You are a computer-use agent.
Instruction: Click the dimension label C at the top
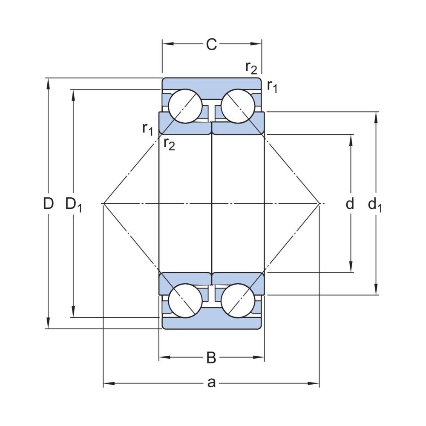coord(211,44)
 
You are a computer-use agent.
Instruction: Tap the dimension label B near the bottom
coord(211,358)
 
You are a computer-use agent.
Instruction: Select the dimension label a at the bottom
coord(211,383)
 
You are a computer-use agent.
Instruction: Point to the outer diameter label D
coord(49,204)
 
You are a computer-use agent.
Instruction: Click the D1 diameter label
coord(73,204)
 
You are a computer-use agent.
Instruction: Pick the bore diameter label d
coord(350,204)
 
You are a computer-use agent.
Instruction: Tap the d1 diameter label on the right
coord(375,205)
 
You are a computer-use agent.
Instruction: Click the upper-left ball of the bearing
coord(185,106)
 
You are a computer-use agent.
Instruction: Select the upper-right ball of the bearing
coord(237,106)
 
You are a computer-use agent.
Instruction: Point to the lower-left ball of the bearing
coord(185,300)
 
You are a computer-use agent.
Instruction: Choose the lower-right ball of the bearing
coord(237,300)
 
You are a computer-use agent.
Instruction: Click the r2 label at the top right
coord(251,66)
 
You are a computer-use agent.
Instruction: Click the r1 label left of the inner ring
coord(147,128)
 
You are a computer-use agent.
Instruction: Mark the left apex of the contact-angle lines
coord(104,203)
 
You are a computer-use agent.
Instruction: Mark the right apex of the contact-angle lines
coord(319,203)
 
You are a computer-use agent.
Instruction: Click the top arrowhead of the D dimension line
coord(48,82)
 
